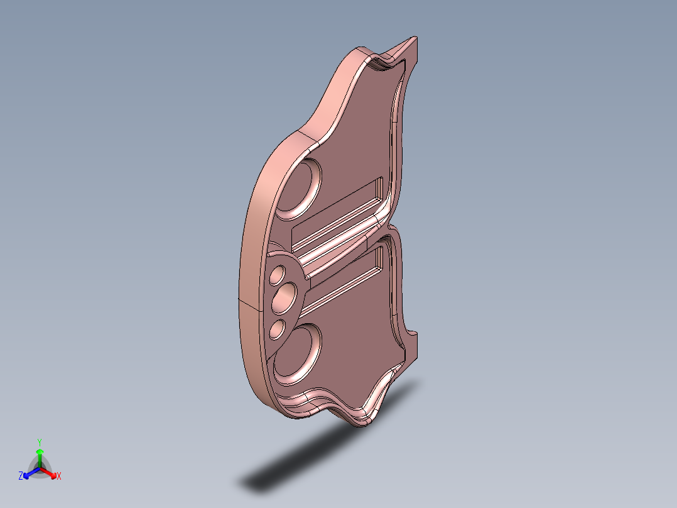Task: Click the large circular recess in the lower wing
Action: tap(298, 355)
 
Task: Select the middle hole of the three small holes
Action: tap(284, 298)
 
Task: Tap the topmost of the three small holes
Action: tap(278, 275)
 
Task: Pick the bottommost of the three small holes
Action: tap(278, 329)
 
